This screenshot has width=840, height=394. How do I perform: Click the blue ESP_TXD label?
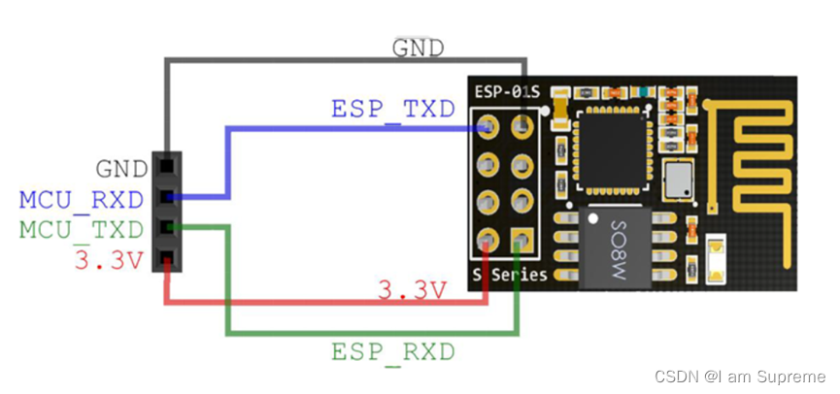393,110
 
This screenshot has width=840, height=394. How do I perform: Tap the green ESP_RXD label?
393,351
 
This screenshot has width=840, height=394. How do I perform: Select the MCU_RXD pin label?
82,200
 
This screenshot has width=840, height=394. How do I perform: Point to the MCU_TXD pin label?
82,230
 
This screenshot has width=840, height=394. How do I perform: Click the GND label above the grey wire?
419,49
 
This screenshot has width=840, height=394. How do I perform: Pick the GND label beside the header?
122,169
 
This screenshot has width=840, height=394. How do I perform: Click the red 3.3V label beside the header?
110,261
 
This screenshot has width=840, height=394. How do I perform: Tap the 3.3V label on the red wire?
412,291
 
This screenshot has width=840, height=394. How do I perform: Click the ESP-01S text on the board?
508,92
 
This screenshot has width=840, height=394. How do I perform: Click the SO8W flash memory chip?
616,247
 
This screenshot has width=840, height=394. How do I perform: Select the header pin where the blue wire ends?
488,127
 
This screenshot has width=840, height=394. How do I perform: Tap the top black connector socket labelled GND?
167,165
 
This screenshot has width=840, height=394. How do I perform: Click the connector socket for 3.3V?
167,257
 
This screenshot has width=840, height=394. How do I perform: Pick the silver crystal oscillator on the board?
678,180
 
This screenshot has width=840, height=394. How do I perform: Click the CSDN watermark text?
740,377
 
